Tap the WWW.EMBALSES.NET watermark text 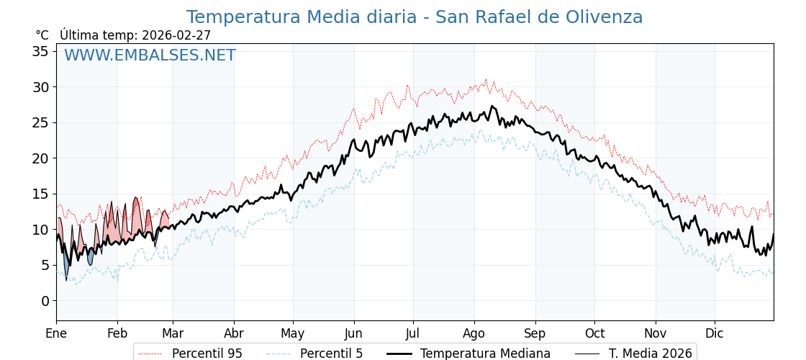pos(150,55)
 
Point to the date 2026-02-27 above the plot pos(176,35)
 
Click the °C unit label pos(42,35)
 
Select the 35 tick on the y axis pos(40,51)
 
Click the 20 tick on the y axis pos(40,158)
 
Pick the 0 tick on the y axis pos(45,301)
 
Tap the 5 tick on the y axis pos(45,265)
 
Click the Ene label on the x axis pos(56,333)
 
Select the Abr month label pos(234,333)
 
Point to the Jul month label pos(413,333)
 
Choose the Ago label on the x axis pos(474,333)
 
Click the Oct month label pos(594,333)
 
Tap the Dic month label pos(715,333)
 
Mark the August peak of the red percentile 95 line pos(486,79)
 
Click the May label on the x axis pos(293,333)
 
